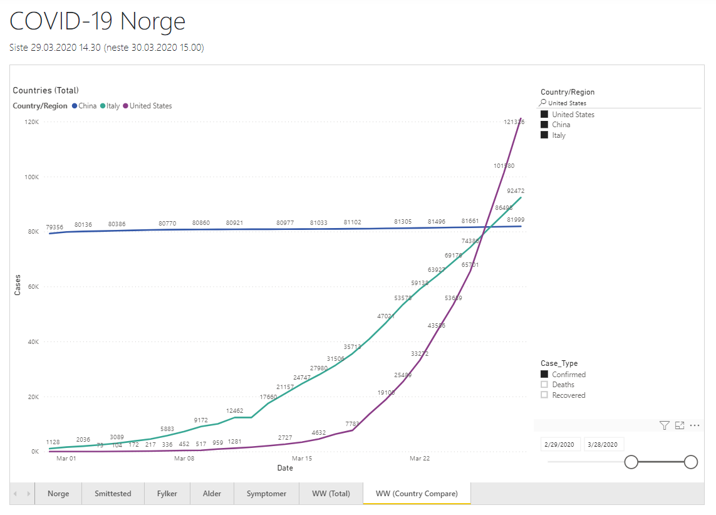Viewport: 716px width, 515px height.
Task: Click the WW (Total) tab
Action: [331, 493]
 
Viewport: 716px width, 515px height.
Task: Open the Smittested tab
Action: [113, 493]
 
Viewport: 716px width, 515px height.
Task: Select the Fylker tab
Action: [167, 493]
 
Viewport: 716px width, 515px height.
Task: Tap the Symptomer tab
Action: [266, 493]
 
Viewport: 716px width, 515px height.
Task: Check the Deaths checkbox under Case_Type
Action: [544, 385]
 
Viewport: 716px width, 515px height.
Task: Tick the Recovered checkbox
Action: [544, 395]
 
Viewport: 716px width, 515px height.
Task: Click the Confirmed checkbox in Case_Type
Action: [544, 375]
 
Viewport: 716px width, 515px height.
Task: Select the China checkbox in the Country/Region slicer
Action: [544, 125]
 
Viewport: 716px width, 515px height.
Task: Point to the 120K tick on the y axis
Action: [31, 122]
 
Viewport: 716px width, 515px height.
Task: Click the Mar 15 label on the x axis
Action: [302, 459]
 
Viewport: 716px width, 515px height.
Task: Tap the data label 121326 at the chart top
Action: [514, 122]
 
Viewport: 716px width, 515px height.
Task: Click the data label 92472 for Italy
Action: [516, 190]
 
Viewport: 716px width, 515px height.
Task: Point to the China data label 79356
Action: [54, 227]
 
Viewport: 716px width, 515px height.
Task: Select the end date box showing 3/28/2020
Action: [604, 444]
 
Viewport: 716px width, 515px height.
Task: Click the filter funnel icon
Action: [665, 425]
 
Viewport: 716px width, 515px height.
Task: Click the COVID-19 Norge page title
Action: [98, 21]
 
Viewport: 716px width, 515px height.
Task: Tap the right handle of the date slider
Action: [690, 462]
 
